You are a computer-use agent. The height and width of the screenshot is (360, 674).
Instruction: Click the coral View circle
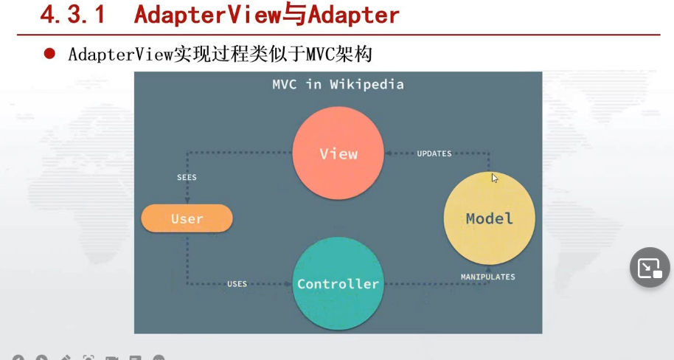[x=338, y=153]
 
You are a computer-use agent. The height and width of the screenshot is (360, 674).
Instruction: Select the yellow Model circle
[x=489, y=218]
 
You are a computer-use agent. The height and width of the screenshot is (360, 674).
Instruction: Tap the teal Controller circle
[x=338, y=284]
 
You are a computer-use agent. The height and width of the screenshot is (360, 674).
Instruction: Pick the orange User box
[x=187, y=218]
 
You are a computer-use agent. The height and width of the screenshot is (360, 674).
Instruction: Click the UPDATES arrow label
[x=434, y=153]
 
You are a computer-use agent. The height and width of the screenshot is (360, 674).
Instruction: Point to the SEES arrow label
[x=187, y=178]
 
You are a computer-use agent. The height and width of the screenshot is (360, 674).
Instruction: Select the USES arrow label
[x=237, y=284]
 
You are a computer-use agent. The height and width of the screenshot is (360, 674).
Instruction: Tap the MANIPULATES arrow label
[x=487, y=277]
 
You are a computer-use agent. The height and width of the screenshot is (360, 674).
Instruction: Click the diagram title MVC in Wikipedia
[x=338, y=84]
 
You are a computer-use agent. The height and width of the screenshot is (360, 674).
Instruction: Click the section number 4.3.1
[x=72, y=15]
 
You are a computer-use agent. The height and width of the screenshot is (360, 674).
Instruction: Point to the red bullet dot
[x=49, y=53]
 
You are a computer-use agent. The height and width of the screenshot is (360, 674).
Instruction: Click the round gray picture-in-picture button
[x=650, y=267]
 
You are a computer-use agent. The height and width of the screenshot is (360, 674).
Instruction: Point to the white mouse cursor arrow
[x=495, y=177]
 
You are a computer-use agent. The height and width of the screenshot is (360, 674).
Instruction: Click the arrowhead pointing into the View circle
[x=388, y=153]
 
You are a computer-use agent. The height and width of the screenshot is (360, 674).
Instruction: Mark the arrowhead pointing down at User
[x=187, y=200]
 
